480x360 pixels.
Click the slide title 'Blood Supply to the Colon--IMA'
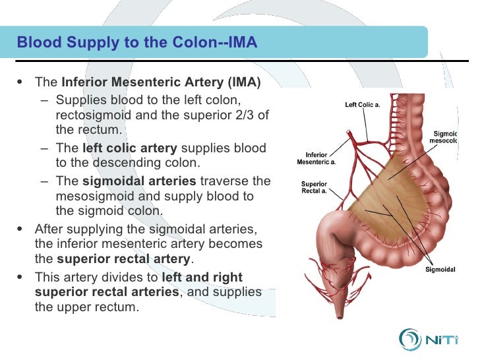(x=136, y=44)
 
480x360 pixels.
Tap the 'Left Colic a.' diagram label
(x=363, y=104)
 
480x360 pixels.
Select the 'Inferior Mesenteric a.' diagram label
(x=316, y=159)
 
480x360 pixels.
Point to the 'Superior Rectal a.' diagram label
(x=315, y=187)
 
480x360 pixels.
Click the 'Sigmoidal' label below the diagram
(x=440, y=269)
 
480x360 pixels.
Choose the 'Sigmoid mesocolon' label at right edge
(x=443, y=136)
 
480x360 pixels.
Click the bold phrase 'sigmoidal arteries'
(x=139, y=181)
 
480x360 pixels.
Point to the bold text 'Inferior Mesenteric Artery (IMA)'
(x=161, y=83)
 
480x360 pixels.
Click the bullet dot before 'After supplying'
(x=18, y=228)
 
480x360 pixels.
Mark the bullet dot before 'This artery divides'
(x=18, y=277)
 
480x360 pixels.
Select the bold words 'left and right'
(x=202, y=277)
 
